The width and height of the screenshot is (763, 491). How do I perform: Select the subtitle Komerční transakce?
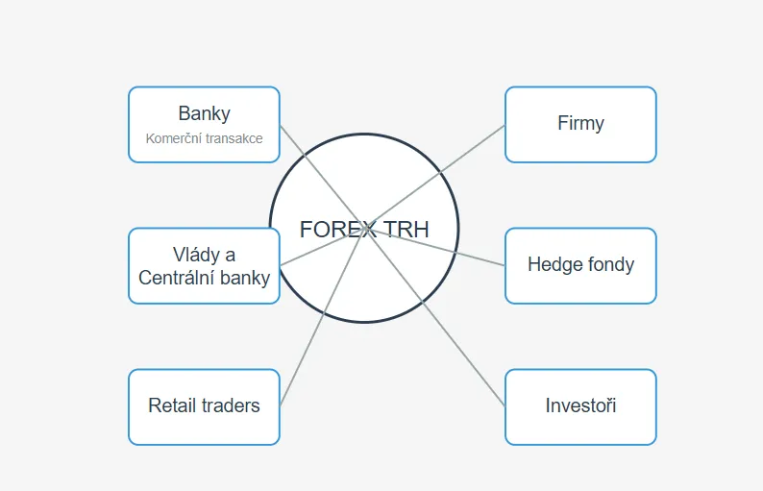[x=204, y=138]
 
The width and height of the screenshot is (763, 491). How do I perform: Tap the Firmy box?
[x=580, y=124]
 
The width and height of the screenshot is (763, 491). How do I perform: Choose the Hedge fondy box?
[x=580, y=265]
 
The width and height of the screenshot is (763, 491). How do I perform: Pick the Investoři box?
[x=580, y=406]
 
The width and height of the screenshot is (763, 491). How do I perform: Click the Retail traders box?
[x=204, y=406]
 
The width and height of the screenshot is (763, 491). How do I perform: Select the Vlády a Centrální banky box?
[x=204, y=266]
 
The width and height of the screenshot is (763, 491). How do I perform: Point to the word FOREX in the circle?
[x=337, y=230]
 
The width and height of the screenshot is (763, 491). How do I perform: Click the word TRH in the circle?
[x=406, y=230]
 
